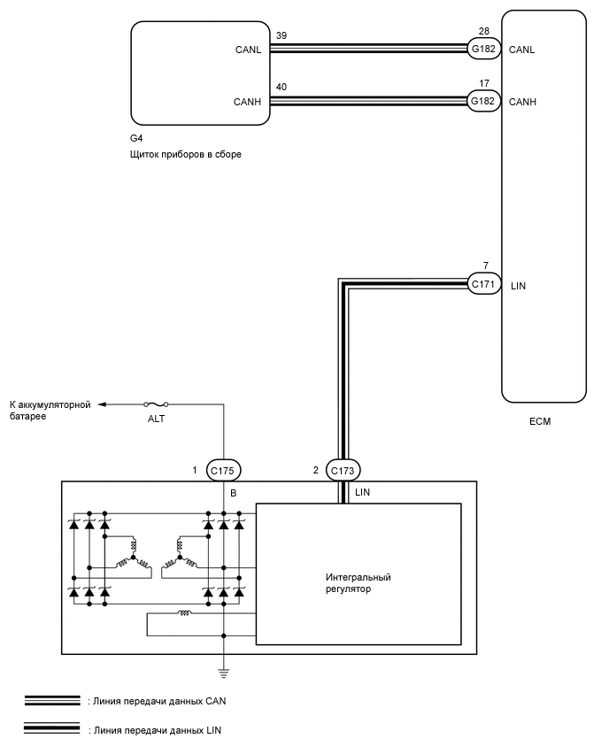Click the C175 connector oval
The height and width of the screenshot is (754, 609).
(223, 470)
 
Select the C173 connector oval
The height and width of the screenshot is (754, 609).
(343, 470)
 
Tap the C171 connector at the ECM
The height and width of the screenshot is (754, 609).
(484, 283)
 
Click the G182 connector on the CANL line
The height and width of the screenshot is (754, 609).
(484, 50)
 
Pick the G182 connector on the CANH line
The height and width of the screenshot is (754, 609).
(484, 102)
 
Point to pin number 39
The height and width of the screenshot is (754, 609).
(282, 35)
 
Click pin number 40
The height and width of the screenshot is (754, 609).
(282, 87)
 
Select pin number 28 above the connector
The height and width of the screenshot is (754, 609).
(483, 34)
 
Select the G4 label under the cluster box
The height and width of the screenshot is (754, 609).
(136, 139)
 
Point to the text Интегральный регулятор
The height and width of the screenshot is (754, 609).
(358, 582)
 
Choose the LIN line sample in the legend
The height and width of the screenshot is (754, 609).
(53, 730)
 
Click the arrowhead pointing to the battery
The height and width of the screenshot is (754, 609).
(103, 404)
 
